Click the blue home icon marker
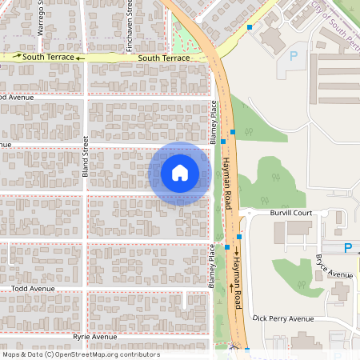click(x=180, y=172)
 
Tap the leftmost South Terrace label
click(x=44, y=58)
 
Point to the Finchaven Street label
click(x=130, y=26)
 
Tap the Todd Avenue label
click(x=32, y=289)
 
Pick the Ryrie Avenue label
click(x=94, y=337)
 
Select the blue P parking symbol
click(x=347, y=248)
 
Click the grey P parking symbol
click(x=293, y=57)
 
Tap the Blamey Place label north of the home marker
click(x=214, y=122)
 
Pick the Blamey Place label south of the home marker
click(x=212, y=266)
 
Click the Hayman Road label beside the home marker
click(x=227, y=181)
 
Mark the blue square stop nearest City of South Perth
click(x=250, y=27)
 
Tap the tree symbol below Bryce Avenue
click(x=302, y=285)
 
